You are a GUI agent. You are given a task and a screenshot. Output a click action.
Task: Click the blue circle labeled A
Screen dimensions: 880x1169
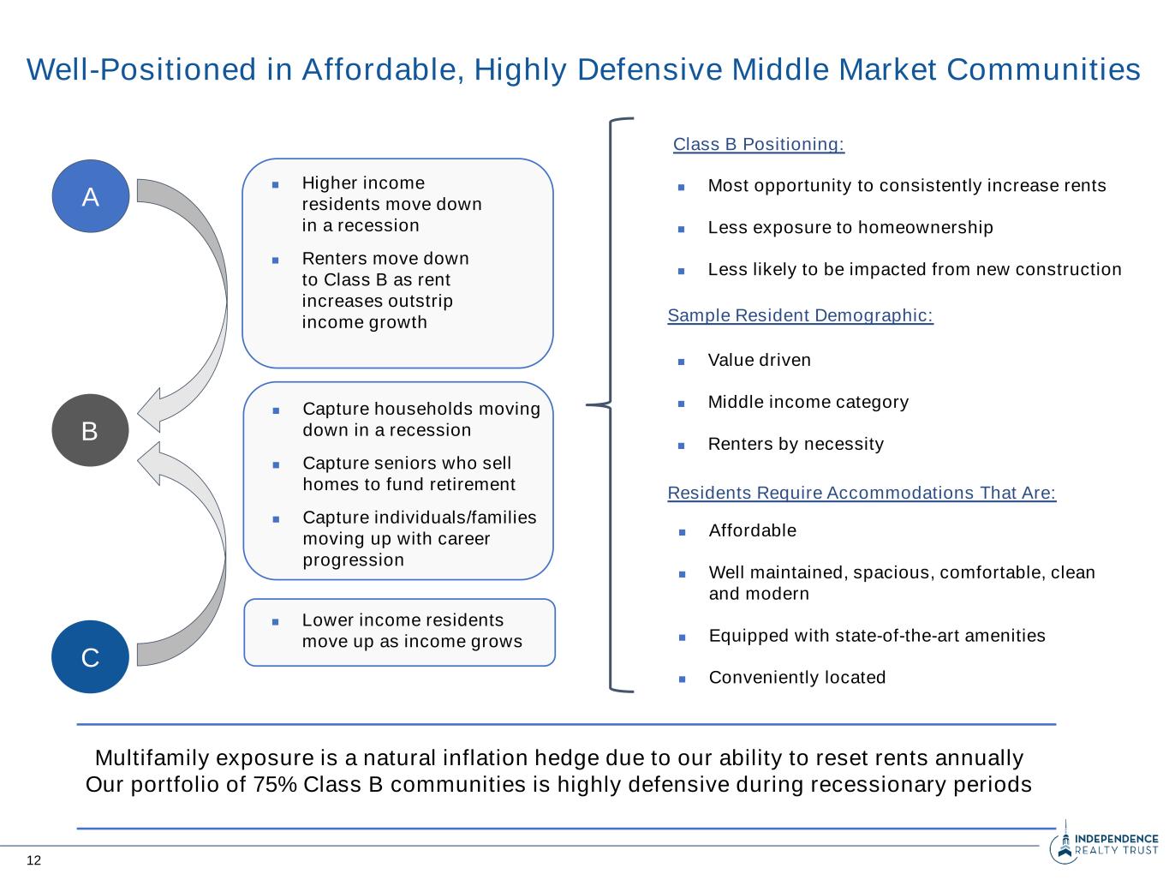tap(90, 196)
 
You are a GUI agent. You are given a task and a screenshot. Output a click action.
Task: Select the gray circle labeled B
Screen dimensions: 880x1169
tap(90, 430)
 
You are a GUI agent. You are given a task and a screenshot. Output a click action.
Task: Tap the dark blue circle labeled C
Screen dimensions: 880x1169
tap(90, 657)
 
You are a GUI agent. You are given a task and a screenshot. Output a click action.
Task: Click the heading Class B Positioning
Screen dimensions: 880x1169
tap(759, 144)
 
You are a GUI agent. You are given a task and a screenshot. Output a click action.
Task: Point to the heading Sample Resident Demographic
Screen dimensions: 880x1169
tap(800, 315)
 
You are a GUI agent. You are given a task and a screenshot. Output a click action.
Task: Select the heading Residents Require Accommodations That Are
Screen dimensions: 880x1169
tap(862, 493)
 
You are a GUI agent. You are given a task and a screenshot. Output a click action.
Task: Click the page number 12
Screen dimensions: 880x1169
tap(33, 860)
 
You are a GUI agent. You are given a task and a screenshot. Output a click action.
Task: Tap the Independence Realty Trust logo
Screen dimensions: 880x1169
tap(1104, 845)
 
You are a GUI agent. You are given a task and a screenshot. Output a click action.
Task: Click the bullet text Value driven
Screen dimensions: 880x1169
tap(759, 360)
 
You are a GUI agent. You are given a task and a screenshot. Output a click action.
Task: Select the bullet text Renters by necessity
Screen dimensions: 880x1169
tap(796, 444)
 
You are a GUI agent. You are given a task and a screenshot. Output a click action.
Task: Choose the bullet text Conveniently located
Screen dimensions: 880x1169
tap(797, 677)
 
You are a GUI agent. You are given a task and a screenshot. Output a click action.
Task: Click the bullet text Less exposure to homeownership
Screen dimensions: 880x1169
tap(850, 227)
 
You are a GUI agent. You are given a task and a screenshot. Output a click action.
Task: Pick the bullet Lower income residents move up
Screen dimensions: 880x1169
tap(411, 631)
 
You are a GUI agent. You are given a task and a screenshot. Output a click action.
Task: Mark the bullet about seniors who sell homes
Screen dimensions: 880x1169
tap(409, 474)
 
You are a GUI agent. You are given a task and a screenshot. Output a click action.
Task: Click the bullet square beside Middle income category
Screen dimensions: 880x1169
tap(682, 403)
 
